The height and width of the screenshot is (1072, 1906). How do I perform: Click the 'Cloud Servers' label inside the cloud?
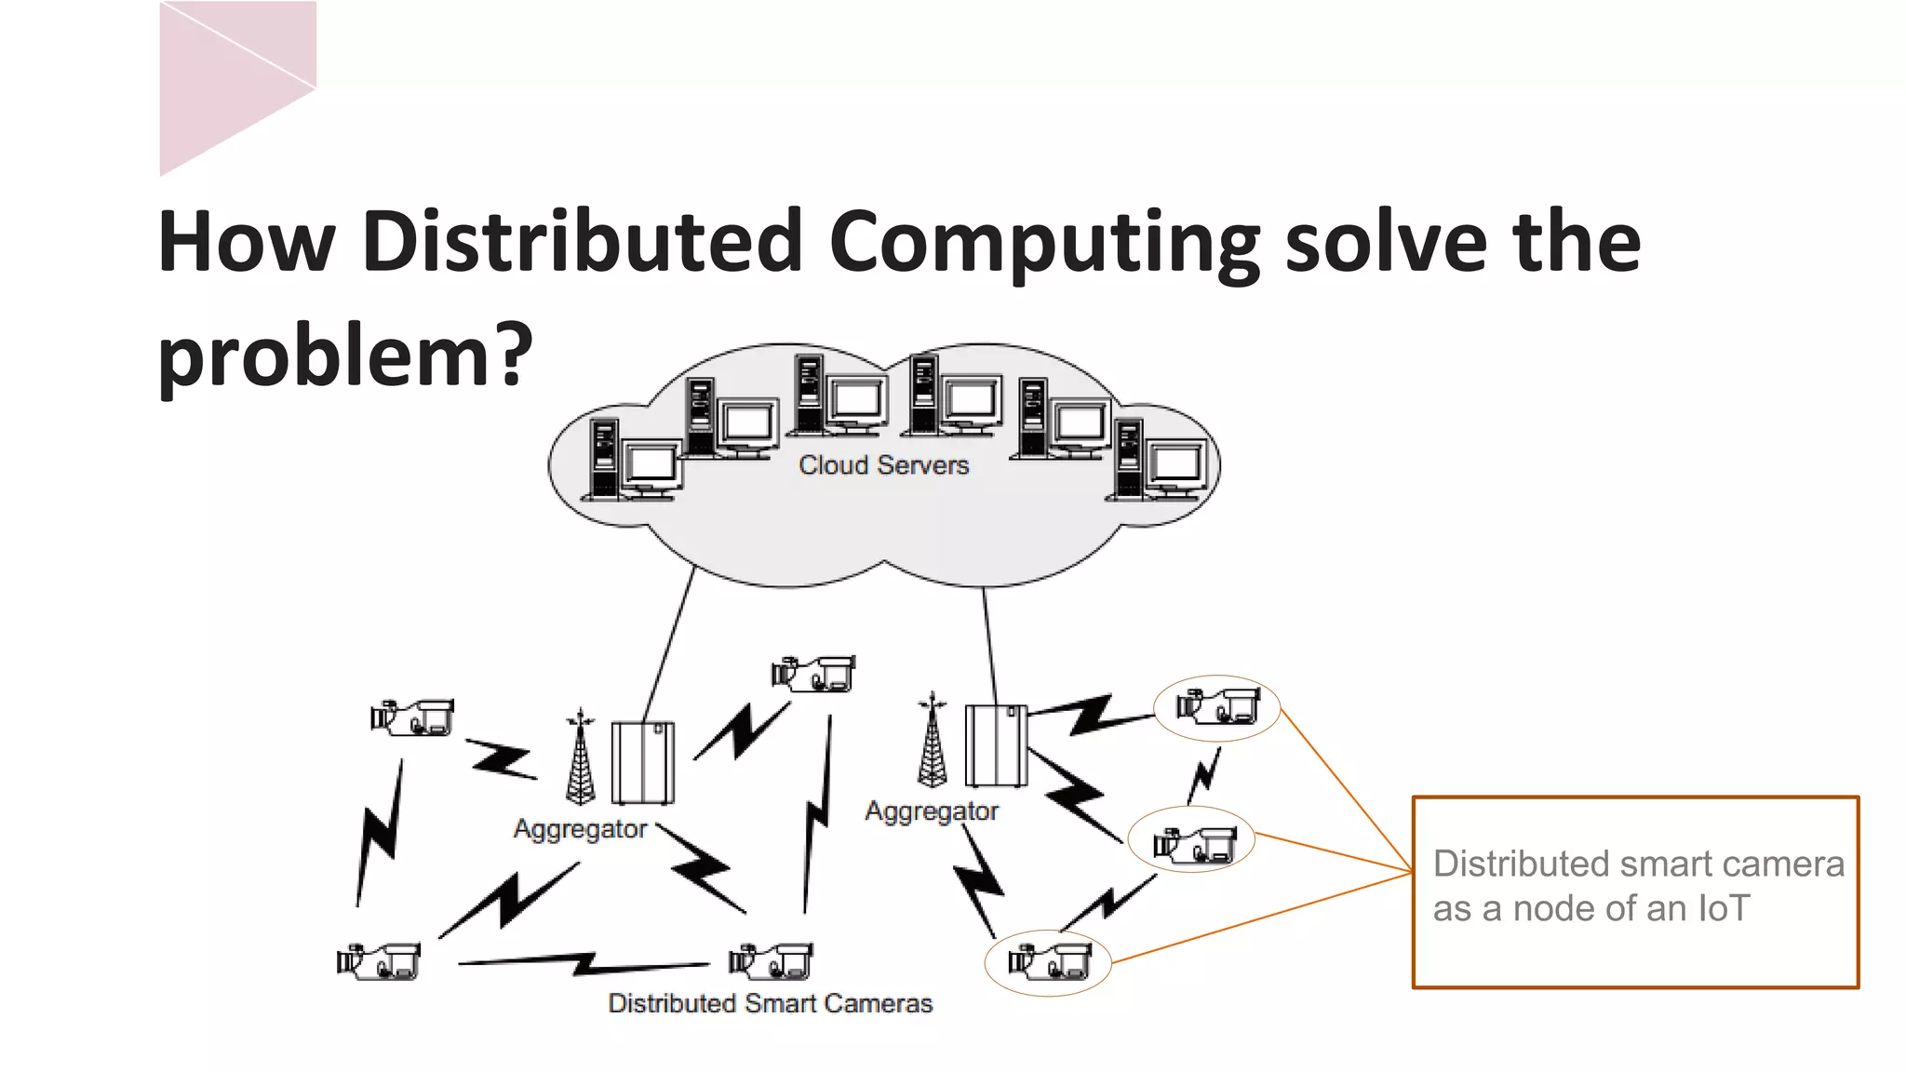883,465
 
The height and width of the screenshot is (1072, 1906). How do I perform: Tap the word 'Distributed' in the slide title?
583,241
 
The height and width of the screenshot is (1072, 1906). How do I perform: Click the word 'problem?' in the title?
345,355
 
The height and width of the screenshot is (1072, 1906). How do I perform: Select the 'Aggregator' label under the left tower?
580,829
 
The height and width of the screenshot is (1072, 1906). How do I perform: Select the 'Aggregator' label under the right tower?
932,811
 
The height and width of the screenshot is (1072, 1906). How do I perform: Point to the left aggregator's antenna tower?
580,757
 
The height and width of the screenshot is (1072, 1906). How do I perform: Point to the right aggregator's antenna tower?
932,742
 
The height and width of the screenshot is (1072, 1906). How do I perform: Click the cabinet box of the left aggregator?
642,762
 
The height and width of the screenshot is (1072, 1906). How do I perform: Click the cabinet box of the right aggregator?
996,745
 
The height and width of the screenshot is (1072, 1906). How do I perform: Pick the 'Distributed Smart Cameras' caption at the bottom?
770,1003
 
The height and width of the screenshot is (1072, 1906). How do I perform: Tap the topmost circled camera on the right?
1217,707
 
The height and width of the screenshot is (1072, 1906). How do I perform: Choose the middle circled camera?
1193,840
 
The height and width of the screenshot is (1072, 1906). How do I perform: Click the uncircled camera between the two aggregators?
813,674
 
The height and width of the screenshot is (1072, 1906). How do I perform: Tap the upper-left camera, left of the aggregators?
412,717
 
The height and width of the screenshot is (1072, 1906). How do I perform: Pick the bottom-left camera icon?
379,961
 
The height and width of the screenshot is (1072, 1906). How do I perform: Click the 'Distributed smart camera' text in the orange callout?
1638,864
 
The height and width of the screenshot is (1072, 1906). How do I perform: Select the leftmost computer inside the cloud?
632,461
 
